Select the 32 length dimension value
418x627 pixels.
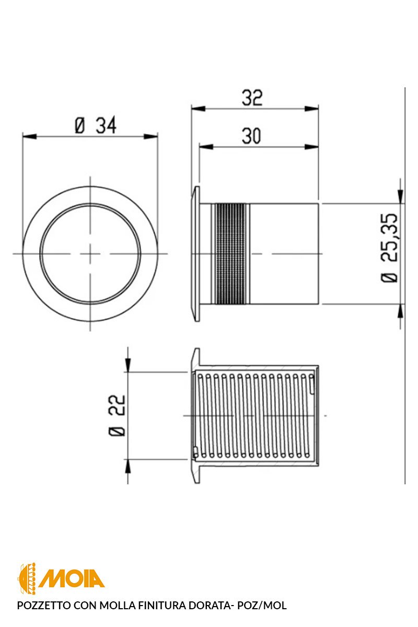pyautogui.click(x=252, y=98)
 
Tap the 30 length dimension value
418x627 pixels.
pyautogui.click(x=251, y=136)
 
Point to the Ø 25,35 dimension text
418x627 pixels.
pyautogui.click(x=389, y=248)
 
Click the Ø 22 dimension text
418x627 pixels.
pyautogui.click(x=117, y=415)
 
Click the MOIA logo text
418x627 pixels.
pyautogui.click(x=72, y=578)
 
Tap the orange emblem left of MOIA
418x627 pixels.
pyautogui.click(x=27, y=578)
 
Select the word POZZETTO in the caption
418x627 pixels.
pyautogui.click(x=44, y=605)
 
